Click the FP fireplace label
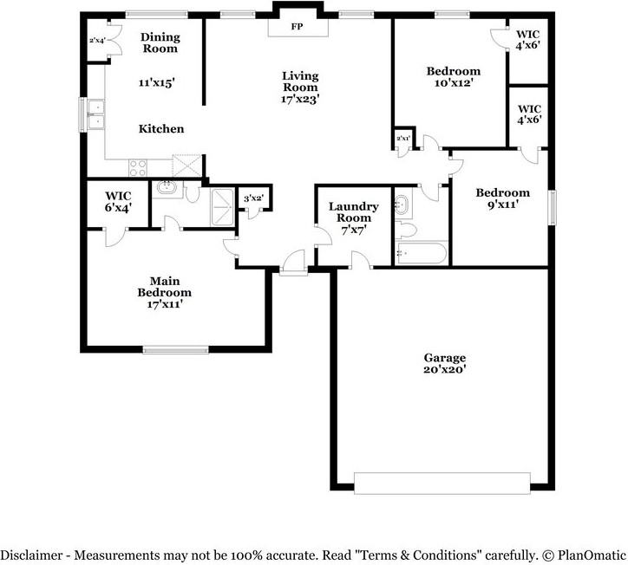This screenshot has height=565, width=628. point(297,26)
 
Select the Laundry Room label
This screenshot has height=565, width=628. point(353,211)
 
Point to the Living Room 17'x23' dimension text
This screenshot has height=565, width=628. point(300,99)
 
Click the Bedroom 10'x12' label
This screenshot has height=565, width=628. point(453,76)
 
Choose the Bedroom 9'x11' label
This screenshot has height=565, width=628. point(502,198)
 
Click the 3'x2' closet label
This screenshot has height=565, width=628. point(253,199)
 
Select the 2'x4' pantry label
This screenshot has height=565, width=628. point(96,41)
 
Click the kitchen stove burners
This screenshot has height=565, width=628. point(139,165)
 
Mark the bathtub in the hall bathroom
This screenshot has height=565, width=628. point(421,254)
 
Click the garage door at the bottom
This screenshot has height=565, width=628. point(442,483)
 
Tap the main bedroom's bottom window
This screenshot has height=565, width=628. point(176,350)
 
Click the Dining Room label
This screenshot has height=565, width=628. point(160,42)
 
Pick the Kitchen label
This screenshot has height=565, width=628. point(161,129)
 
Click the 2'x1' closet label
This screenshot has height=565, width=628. point(402,139)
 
